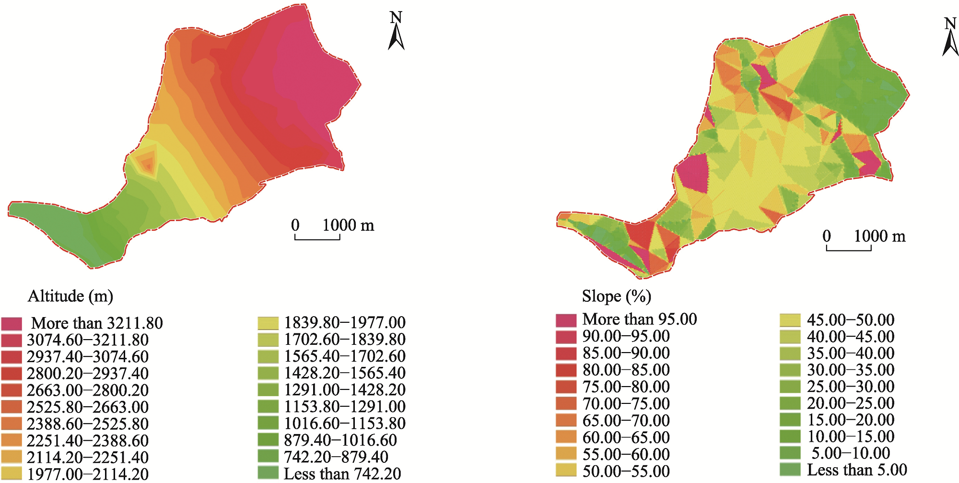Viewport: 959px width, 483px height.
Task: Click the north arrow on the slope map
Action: pos(950,38)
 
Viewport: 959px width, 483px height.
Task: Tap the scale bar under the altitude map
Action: pos(317,237)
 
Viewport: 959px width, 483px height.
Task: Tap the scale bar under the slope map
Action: pos(849,248)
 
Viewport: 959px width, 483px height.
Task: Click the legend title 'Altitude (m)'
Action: pos(70,296)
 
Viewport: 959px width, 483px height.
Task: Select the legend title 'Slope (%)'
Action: pos(617,296)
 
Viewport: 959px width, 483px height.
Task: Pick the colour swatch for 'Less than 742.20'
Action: pos(268,473)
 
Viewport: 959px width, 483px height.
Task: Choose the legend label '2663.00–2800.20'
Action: pos(88,390)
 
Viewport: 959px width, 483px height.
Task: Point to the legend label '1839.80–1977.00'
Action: pos(345,323)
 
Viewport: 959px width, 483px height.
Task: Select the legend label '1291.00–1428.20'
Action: pos(345,390)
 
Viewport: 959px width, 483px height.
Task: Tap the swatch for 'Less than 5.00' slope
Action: pos(790,470)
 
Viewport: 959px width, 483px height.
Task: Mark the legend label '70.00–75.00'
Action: pos(626,404)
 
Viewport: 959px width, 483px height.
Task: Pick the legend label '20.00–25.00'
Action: pos(851,403)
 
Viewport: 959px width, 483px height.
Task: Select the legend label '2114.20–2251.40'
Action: pos(88,458)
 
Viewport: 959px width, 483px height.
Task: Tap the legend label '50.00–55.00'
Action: pos(626,471)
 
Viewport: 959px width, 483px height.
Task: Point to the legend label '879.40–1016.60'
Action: pos(340,440)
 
